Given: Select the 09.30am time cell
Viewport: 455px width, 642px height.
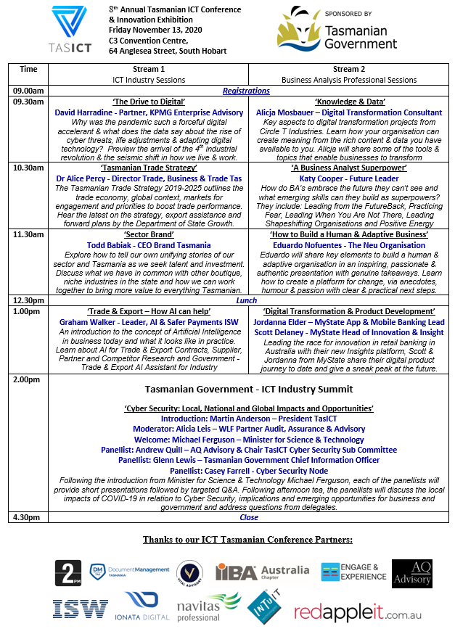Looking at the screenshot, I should coord(28,102).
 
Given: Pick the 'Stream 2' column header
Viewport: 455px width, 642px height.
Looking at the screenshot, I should coord(348,70).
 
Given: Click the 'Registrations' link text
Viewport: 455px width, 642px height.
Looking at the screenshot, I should coord(246,91).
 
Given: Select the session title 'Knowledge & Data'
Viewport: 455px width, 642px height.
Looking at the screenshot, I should coord(349,102).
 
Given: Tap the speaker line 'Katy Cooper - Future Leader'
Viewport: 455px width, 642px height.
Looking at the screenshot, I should coord(349,178).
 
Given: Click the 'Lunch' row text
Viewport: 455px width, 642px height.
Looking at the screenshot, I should coord(246,300).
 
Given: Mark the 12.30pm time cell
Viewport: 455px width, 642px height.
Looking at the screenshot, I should coord(28,300).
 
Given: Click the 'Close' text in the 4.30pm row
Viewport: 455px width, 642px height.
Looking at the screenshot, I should coord(248,517).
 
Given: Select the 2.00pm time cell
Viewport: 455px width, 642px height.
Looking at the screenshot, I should coord(28,379).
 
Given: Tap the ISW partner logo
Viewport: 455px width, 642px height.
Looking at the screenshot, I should coord(79,608).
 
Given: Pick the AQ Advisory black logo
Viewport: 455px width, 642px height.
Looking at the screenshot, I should coord(411,572).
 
